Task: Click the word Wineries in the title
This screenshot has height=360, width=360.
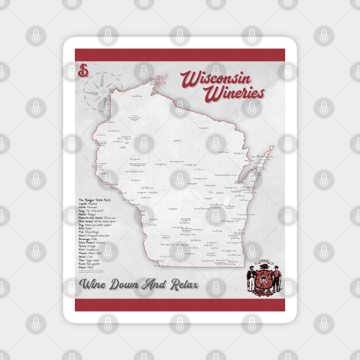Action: coord(235,93)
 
